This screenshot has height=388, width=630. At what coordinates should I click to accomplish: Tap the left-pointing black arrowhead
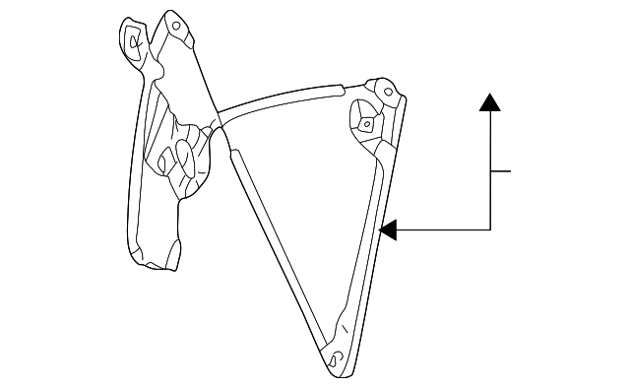click(388, 229)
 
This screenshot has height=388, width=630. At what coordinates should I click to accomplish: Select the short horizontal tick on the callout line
click(500, 171)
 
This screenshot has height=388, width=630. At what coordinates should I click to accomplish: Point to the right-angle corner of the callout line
click(490, 229)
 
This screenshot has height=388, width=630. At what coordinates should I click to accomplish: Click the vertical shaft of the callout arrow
click(490, 167)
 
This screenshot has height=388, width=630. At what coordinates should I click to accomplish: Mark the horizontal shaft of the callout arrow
click(443, 229)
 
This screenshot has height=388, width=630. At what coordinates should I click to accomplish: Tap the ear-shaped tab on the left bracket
click(130, 39)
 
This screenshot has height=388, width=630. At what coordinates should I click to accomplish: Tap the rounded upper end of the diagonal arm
click(236, 153)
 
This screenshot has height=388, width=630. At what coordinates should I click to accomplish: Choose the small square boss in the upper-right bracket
click(365, 125)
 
